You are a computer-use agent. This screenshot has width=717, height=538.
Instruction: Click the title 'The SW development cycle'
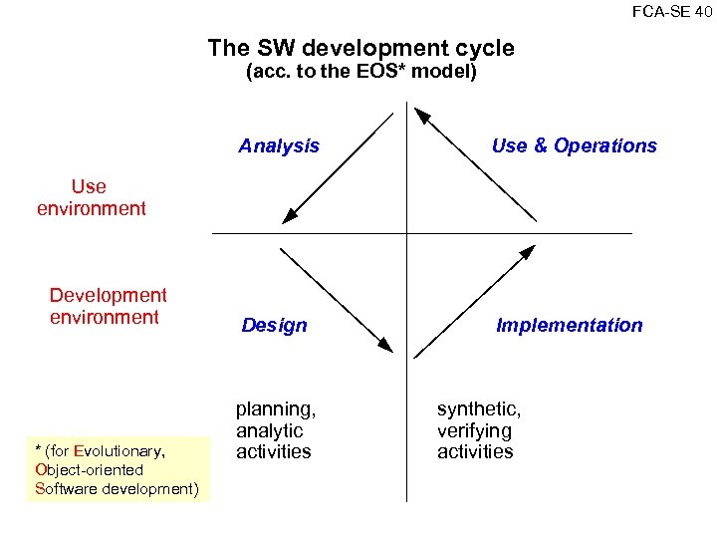click(x=360, y=48)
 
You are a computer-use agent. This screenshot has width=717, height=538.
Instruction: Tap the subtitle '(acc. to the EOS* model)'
click(x=360, y=73)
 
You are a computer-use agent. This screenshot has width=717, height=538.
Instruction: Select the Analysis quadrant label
click(x=279, y=146)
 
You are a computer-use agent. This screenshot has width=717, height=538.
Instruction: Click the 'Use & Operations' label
click(x=574, y=146)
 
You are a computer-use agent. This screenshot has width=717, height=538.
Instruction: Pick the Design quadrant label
click(x=274, y=326)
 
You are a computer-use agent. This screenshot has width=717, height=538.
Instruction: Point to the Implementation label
click(x=569, y=326)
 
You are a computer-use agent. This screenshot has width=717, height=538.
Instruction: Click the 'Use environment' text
click(x=91, y=197)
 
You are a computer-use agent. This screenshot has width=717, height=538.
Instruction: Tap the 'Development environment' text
click(x=108, y=306)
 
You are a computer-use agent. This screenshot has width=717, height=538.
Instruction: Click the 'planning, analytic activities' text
click(x=275, y=430)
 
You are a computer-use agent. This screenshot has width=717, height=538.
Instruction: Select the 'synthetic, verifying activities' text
click(x=478, y=430)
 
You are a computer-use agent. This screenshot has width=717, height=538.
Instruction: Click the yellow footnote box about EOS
click(x=119, y=469)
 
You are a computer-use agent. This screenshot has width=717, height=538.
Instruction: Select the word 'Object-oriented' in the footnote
click(x=89, y=469)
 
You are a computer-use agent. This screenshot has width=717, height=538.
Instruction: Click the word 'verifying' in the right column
click(x=474, y=430)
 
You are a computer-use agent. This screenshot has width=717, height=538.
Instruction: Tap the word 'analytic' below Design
click(x=269, y=430)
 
